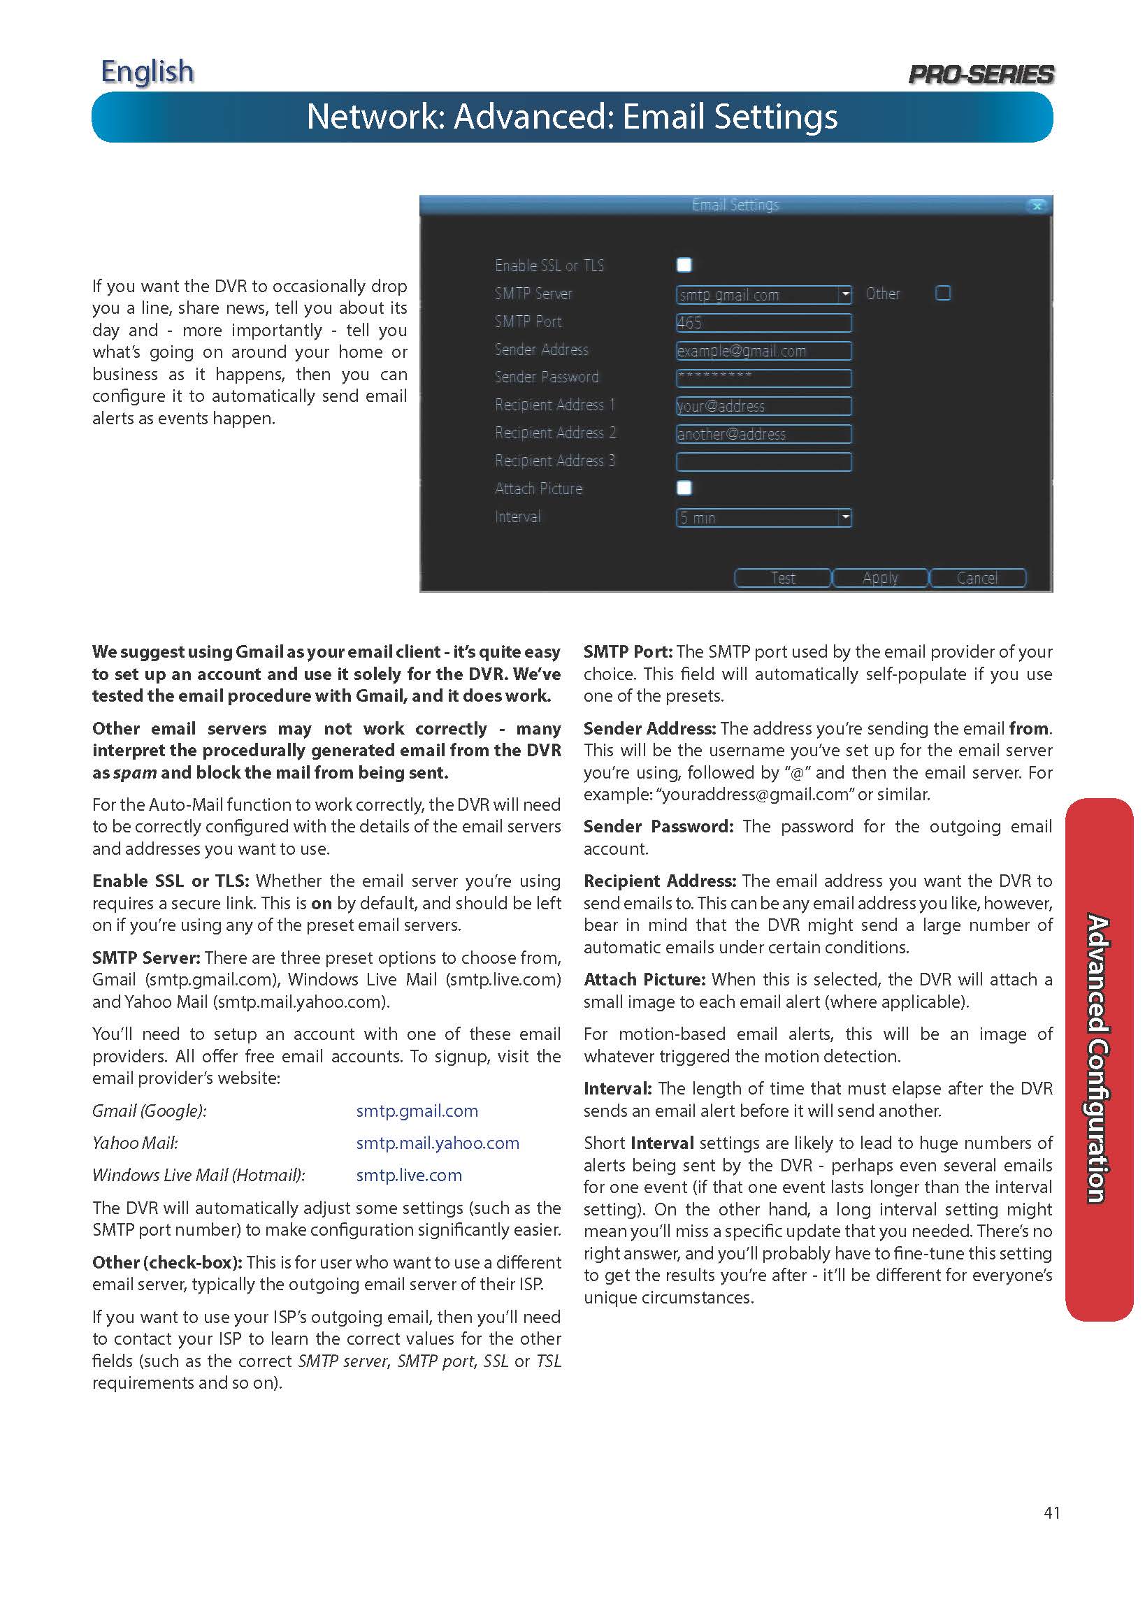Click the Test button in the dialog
click(782, 578)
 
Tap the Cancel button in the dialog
click(977, 578)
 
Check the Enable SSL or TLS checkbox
click(684, 265)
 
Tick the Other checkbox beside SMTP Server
click(943, 293)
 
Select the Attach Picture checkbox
click(684, 488)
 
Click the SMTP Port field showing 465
click(763, 322)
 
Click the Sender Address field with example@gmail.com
click(763, 351)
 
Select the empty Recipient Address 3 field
click(763, 462)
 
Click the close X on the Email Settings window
click(1037, 205)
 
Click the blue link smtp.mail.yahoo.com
click(438, 1143)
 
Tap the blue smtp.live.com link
click(408, 1176)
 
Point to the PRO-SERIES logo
click(981, 74)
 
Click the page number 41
click(1051, 1512)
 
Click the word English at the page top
click(147, 72)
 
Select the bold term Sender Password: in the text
click(658, 827)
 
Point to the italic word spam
click(134, 772)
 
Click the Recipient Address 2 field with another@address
click(763, 434)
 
